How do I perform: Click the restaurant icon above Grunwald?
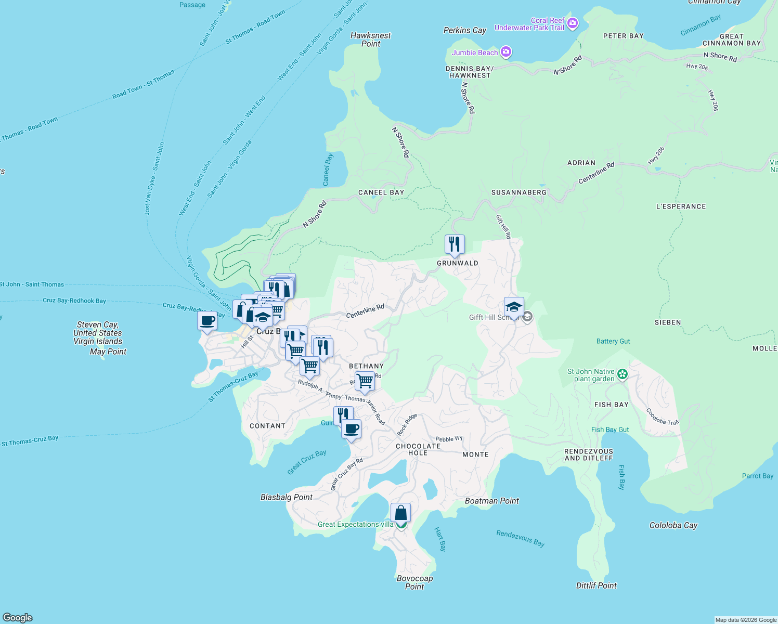tap(455, 244)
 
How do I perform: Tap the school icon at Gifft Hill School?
tap(514, 307)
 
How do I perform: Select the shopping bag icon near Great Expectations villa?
tap(400, 513)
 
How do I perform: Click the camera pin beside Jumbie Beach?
tap(506, 52)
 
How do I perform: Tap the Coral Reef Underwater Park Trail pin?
tap(573, 23)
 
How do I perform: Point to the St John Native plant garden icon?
tap(623, 374)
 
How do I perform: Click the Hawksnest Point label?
tap(370, 40)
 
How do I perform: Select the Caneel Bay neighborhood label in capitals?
tap(381, 192)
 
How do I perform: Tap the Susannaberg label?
tap(519, 192)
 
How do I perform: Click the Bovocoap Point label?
tap(414, 582)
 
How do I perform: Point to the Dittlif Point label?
tap(596, 586)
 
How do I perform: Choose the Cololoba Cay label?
tap(673, 525)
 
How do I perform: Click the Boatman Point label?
tap(491, 501)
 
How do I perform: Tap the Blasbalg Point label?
tap(287, 497)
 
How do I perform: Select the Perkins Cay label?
tap(464, 30)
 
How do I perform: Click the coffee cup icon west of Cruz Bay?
tap(207, 321)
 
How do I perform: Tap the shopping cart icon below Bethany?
tap(365, 381)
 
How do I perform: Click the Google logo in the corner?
tap(18, 617)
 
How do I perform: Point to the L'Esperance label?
tap(681, 206)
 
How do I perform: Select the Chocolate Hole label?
tap(418, 449)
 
